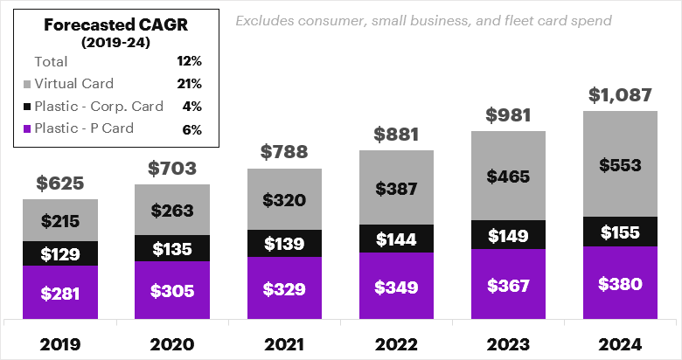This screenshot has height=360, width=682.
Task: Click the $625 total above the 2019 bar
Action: (59, 183)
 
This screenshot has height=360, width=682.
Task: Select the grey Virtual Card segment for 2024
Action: (621, 164)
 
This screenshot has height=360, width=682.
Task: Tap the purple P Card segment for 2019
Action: (59, 293)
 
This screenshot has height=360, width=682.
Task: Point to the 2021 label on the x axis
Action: (284, 343)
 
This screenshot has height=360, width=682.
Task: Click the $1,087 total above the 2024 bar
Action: (621, 93)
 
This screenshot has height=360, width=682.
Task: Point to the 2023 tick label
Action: (509, 343)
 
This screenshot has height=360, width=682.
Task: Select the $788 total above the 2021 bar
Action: (284, 152)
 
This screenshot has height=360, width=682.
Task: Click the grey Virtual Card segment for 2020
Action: (172, 210)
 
